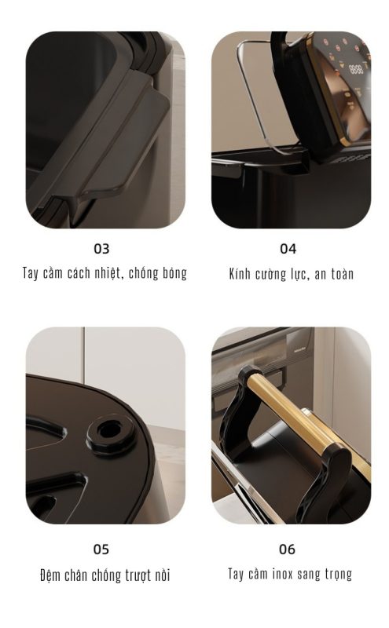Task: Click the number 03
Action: tap(101, 249)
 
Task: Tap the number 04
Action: tap(288, 249)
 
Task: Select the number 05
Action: tap(101, 549)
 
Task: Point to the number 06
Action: tap(287, 549)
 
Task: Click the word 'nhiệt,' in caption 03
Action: tap(108, 273)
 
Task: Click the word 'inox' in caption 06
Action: tap(282, 574)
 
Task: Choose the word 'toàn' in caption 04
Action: tap(343, 274)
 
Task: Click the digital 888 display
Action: tap(356, 69)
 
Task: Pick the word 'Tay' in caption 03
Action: tap(31, 273)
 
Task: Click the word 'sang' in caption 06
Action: tap(308, 575)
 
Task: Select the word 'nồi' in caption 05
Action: tap(163, 575)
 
